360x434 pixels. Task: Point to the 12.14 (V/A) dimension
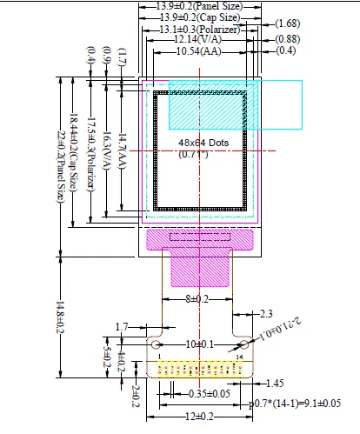coord(197,40)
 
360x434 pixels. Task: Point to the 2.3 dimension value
coord(267,313)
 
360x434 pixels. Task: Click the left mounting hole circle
coord(157,345)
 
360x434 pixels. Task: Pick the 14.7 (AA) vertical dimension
coord(123,148)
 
